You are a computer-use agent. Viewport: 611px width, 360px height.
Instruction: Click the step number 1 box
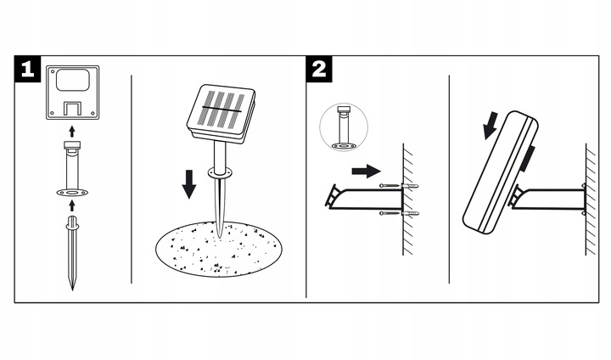coord(26,70)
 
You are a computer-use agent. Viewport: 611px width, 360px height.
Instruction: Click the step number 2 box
coord(318,70)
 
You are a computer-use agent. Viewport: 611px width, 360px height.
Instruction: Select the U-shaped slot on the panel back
coord(71,109)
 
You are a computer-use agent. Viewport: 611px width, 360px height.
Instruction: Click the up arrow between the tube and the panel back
coord(71,130)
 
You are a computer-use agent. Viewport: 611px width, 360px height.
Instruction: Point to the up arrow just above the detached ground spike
coord(71,205)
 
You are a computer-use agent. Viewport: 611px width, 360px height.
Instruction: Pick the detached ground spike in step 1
coord(72,250)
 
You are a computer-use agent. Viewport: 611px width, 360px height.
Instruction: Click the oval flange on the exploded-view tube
coord(71,194)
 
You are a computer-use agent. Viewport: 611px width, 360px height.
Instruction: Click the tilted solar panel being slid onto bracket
coord(501,174)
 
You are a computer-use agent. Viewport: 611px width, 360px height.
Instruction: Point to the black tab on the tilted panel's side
coord(529,157)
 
